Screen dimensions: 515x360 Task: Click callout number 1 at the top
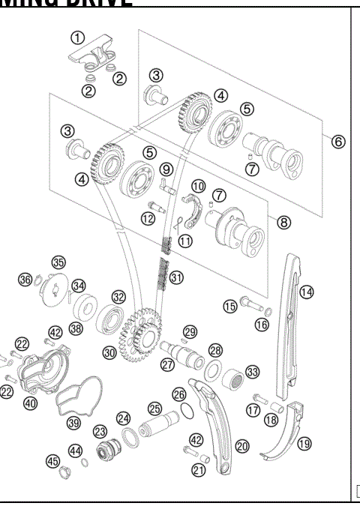(x=78, y=37)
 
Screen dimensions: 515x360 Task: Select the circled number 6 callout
(x=338, y=142)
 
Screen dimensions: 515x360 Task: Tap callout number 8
(x=283, y=222)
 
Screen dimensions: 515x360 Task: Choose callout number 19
(x=304, y=443)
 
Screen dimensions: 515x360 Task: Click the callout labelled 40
(x=30, y=403)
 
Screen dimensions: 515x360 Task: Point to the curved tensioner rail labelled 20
(x=214, y=427)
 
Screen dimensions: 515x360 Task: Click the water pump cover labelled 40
(x=43, y=371)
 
